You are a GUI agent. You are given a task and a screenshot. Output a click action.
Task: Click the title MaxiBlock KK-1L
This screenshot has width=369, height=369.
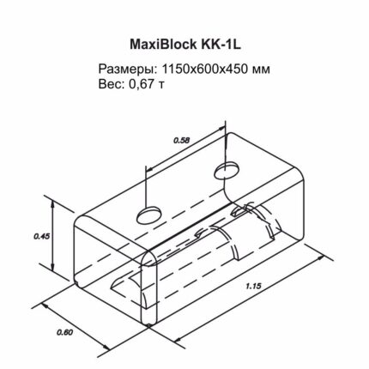pyautogui.click(x=185, y=45)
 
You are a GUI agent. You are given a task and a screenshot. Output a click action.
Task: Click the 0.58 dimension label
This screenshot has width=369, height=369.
pyautogui.click(x=182, y=140)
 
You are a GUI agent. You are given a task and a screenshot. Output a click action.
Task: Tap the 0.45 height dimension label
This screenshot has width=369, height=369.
pyautogui.click(x=42, y=236)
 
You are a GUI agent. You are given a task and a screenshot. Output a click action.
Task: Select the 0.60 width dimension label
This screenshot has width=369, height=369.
pyautogui.click(x=65, y=332)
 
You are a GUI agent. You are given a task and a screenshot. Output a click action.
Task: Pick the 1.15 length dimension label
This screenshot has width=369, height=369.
pyautogui.click(x=253, y=287)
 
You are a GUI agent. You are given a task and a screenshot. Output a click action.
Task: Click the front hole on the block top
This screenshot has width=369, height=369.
pyautogui.click(x=149, y=215)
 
